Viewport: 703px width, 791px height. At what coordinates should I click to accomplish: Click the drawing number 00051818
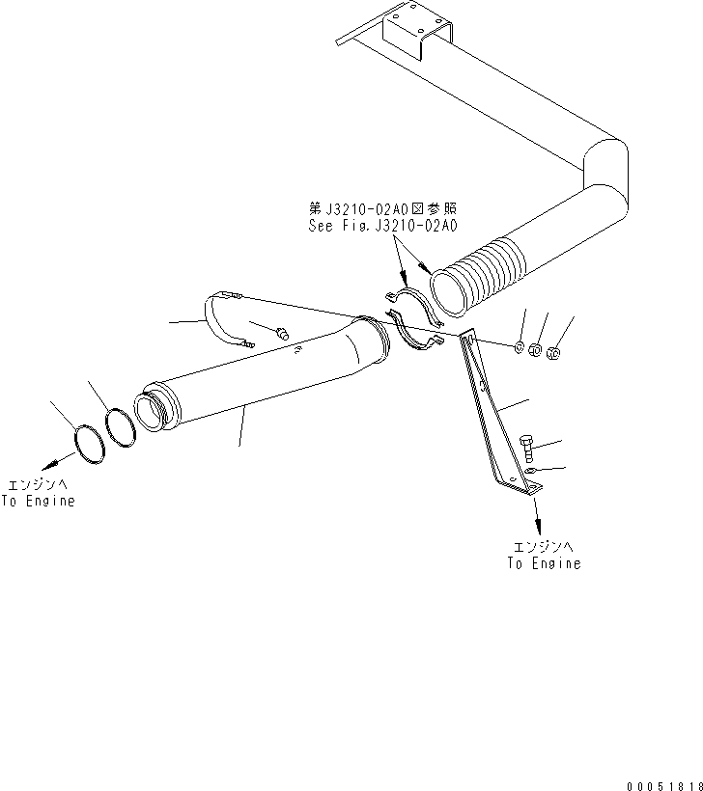click(x=664, y=786)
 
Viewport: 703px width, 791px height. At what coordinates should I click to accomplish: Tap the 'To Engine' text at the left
click(x=38, y=501)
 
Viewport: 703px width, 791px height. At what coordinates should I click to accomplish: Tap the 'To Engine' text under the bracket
click(x=545, y=563)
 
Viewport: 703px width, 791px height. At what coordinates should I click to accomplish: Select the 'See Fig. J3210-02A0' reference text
click(x=382, y=226)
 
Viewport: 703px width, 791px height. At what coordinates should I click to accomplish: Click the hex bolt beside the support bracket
click(x=526, y=449)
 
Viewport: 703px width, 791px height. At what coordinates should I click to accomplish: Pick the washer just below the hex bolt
click(x=530, y=471)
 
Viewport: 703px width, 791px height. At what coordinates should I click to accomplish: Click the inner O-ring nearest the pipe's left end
click(x=120, y=427)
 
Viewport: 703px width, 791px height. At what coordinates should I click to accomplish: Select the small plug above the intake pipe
click(x=282, y=333)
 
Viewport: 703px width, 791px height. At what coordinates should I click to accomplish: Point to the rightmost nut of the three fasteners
click(x=553, y=354)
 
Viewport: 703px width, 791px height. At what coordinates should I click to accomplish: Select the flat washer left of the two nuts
click(x=520, y=347)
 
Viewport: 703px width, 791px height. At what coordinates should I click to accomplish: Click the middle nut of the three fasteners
click(x=535, y=349)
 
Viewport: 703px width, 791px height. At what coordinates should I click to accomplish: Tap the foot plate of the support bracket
click(x=520, y=485)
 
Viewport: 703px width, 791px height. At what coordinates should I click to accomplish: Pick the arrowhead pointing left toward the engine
click(x=50, y=463)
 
